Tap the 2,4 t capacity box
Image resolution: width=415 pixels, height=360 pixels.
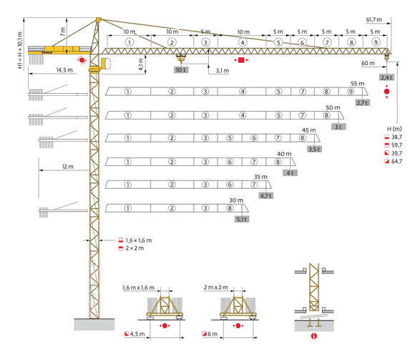coord(387,77)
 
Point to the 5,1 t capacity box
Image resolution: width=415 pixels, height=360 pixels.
coord(242,220)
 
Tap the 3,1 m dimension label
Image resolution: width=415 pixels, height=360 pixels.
coord(222,71)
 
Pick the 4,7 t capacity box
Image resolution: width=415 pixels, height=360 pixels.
coord(266,195)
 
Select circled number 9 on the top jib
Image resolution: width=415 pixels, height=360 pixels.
coord(376,42)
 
